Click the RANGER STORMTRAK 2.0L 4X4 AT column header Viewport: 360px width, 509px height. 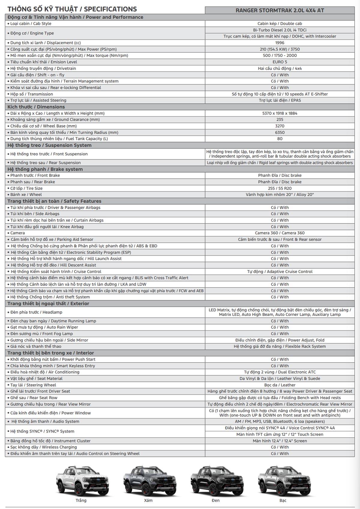[280, 10]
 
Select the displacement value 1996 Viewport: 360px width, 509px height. [280, 43]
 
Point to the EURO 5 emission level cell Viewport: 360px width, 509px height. [280, 62]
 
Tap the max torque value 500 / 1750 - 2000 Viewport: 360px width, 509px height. [280, 55]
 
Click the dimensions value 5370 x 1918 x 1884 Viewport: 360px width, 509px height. [280, 113]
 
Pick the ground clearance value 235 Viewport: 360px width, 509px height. [280, 120]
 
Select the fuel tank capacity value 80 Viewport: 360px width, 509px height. [280, 139]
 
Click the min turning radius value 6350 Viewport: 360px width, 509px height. [280, 132]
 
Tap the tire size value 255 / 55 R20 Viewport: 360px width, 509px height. [280, 188]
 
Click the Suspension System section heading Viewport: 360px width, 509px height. [49, 145]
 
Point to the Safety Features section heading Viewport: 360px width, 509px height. [54, 201]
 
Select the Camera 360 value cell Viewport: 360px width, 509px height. [280, 233]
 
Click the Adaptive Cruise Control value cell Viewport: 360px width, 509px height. [280, 272]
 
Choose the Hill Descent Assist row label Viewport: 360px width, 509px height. [53, 265]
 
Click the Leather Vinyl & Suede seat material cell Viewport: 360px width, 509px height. [280, 379]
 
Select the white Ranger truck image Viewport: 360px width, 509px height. [81, 480]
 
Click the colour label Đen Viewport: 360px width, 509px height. [215, 500]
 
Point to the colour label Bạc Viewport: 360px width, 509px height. [283, 500]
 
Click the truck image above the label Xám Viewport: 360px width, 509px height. [148, 480]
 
